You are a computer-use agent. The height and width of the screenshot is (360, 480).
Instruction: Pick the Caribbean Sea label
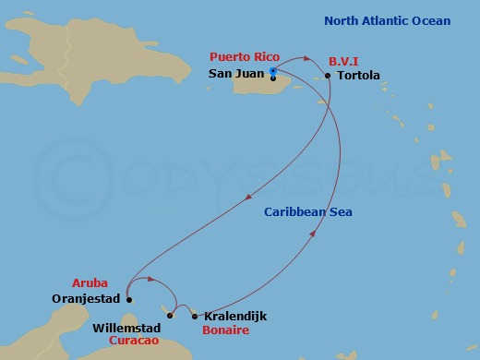(308, 212)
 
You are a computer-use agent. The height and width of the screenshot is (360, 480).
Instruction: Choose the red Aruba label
(90, 282)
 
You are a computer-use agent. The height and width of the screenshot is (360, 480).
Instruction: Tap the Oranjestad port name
(88, 299)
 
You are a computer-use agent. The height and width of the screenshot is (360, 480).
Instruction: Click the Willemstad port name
(127, 328)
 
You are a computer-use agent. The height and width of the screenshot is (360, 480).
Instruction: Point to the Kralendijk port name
(234, 316)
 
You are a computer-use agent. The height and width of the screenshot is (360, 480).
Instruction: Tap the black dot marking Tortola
(329, 76)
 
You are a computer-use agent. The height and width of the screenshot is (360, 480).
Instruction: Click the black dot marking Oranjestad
(129, 299)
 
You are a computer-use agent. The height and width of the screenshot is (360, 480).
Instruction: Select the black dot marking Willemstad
(170, 316)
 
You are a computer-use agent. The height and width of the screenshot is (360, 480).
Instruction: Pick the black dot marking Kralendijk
(194, 316)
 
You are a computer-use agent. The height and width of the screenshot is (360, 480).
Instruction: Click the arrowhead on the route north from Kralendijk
(313, 234)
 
